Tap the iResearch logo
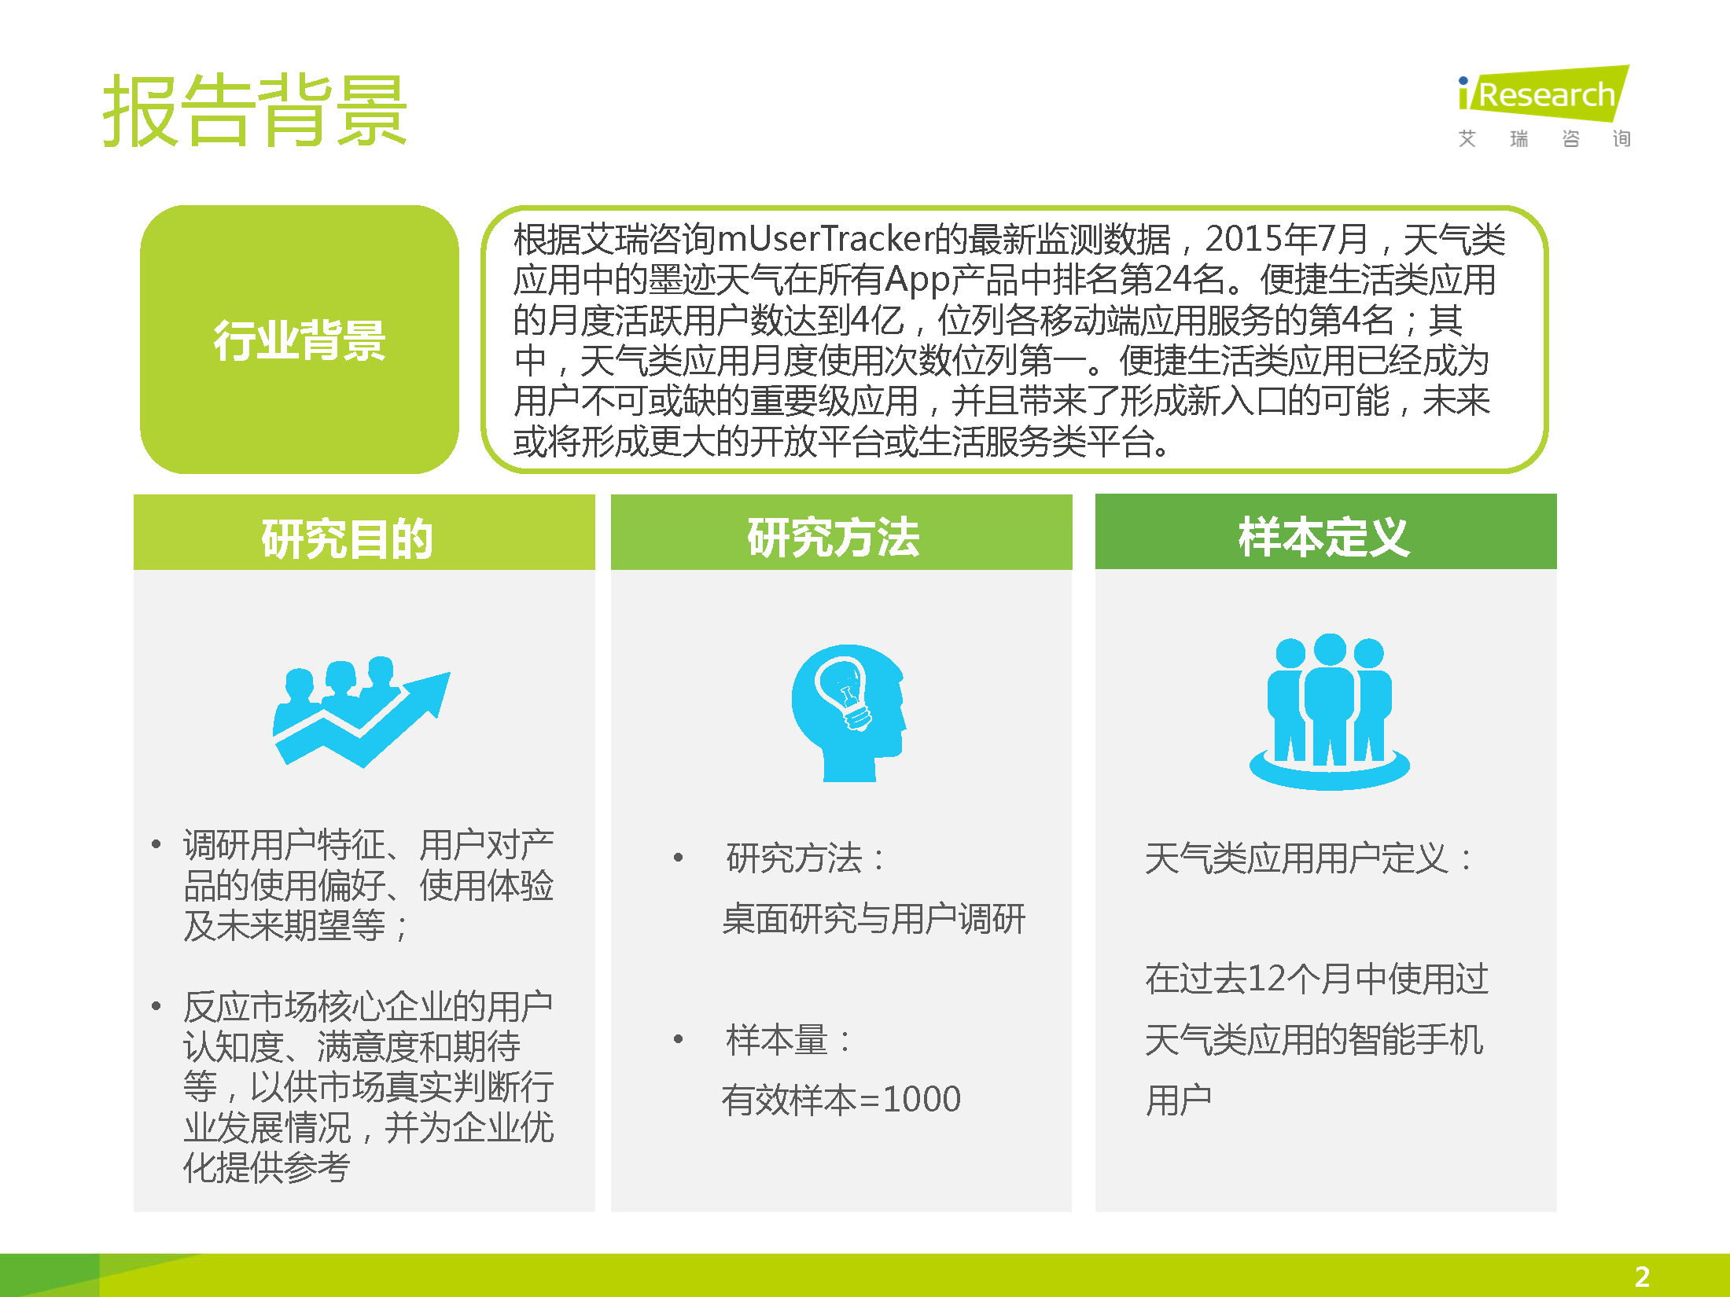click(1544, 106)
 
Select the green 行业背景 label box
click(300, 340)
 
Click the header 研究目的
click(347, 538)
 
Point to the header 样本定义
click(1324, 538)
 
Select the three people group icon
click(1330, 711)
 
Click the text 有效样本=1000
click(841, 1099)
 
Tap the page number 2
click(1642, 1276)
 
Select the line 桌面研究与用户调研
click(874, 918)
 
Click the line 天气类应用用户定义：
click(1310, 858)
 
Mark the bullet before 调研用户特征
click(156, 845)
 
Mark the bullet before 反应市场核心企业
click(156, 1006)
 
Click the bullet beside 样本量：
click(678, 1039)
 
